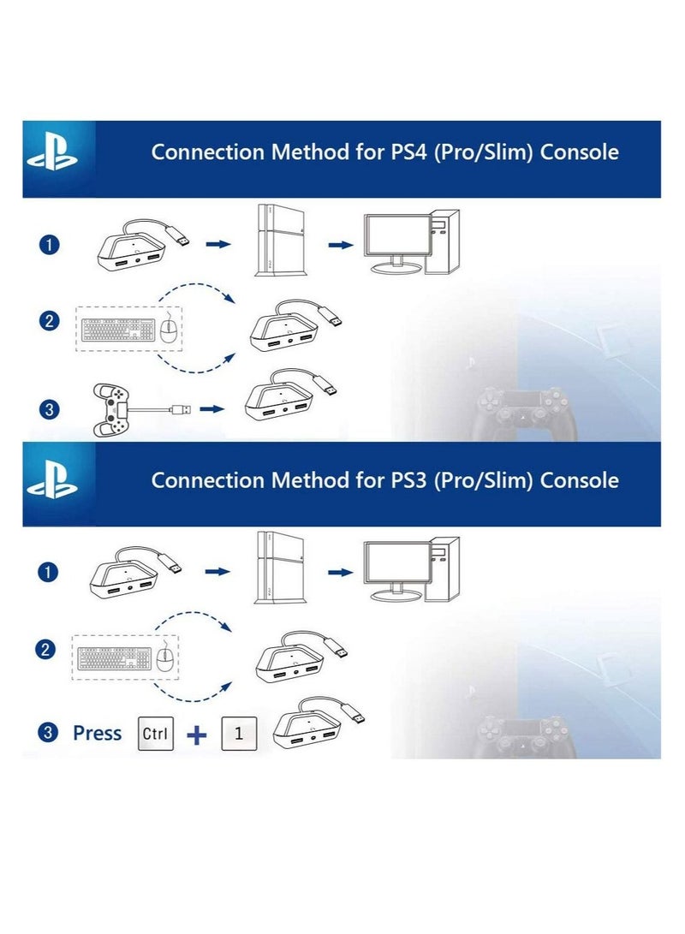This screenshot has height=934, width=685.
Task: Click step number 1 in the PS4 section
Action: pyautogui.click(x=50, y=246)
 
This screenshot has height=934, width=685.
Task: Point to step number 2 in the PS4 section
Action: pyautogui.click(x=50, y=322)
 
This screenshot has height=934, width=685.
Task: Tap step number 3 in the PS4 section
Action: pyautogui.click(x=50, y=410)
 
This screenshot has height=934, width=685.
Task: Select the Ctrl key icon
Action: pyautogui.click(x=155, y=734)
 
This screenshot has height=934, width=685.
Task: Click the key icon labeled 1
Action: pyautogui.click(x=239, y=734)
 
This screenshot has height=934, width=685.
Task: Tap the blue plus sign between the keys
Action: pyautogui.click(x=197, y=735)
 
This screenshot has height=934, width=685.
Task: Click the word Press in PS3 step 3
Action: pyautogui.click(x=97, y=734)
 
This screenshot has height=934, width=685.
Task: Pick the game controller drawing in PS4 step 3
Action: pyautogui.click(x=112, y=409)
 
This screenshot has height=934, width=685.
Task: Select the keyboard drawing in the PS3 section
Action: pyautogui.click(x=114, y=658)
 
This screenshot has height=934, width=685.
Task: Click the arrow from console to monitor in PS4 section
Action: pyautogui.click(x=341, y=245)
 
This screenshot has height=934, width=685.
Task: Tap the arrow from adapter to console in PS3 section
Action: pyautogui.click(x=218, y=572)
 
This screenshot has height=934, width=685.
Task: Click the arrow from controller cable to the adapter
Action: pyautogui.click(x=211, y=409)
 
